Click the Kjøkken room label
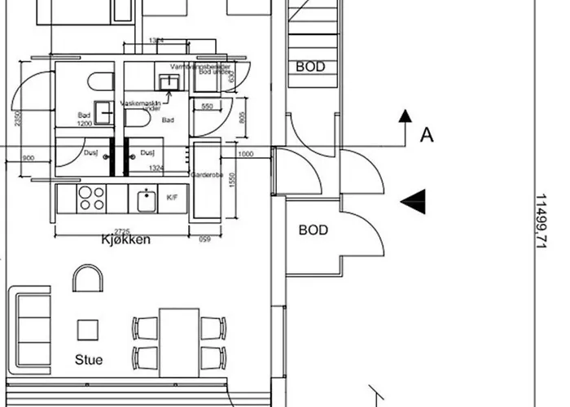(x=126, y=240)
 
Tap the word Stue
(x=89, y=359)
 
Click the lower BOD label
(x=313, y=230)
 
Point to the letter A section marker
(x=426, y=135)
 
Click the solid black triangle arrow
(x=414, y=199)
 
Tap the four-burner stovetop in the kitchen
(x=91, y=198)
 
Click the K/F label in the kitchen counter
(x=172, y=197)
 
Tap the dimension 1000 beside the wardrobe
(x=245, y=154)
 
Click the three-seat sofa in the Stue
(x=33, y=331)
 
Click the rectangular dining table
(x=179, y=342)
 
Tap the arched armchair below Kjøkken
(x=87, y=279)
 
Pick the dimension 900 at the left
(x=28, y=158)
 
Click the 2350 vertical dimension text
(x=19, y=122)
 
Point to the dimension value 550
(x=207, y=107)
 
